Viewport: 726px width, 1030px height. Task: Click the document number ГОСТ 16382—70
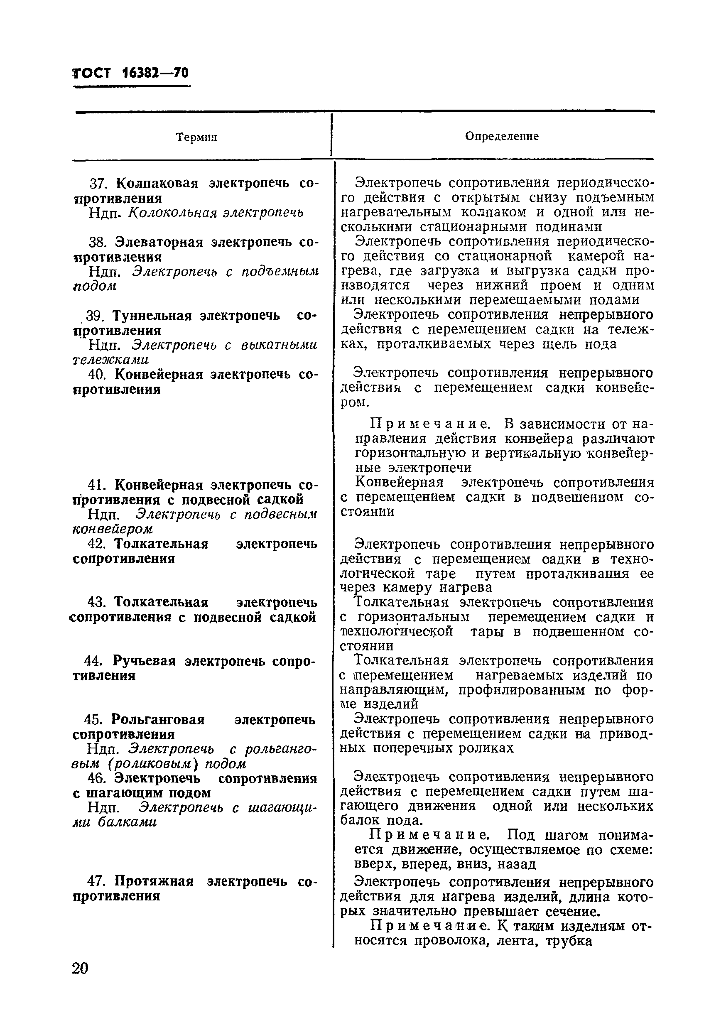coord(130,73)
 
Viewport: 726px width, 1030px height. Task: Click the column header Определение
coord(502,136)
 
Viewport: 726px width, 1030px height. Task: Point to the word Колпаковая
coord(157,184)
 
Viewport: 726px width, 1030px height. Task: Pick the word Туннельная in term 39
coord(151,316)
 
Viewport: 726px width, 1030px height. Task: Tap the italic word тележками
coord(110,360)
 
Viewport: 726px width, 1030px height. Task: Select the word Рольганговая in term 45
coord(158,720)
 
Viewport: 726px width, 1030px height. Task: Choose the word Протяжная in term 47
coord(154,881)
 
